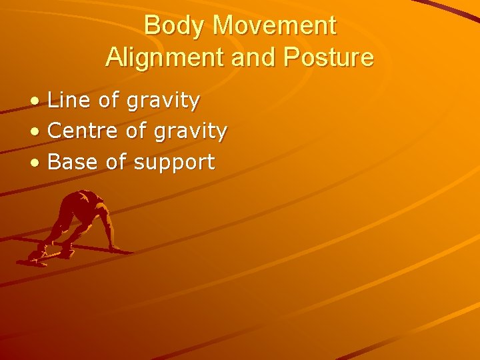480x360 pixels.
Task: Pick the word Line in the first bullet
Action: click(69, 101)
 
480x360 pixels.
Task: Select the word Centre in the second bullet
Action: click(84, 131)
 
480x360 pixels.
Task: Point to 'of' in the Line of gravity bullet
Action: click(109, 101)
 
